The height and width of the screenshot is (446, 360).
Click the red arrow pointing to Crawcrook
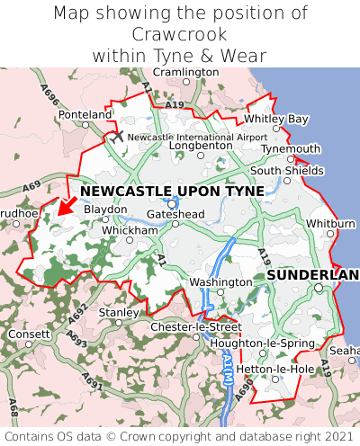coord(63,204)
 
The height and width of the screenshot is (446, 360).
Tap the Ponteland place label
coord(85,115)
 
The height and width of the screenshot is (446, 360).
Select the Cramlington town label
coord(186,72)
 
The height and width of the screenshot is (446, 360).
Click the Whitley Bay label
coord(276,119)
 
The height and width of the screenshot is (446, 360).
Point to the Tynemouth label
coord(291,148)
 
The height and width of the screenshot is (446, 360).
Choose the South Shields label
coord(286,170)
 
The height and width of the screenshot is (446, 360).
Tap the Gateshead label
coord(175,214)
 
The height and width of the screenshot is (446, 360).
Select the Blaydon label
coord(105,209)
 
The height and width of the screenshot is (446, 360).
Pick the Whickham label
coord(130,230)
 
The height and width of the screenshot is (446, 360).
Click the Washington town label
coord(220,281)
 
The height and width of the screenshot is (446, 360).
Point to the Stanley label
coord(117,312)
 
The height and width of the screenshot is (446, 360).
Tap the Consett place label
coord(30,334)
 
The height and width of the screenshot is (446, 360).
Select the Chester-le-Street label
coord(195,326)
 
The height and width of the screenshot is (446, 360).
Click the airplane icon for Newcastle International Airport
coord(117,136)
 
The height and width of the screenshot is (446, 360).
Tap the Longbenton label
coord(201,144)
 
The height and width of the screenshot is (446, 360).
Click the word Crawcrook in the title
coord(180,34)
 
